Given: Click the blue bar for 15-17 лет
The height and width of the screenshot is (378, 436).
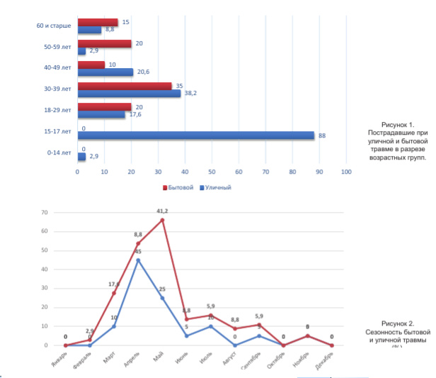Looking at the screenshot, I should (x=195, y=135).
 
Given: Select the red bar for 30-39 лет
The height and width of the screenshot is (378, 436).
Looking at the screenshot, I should (x=125, y=87).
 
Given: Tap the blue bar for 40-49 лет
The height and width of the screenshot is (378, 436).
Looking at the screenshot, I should (x=105, y=72).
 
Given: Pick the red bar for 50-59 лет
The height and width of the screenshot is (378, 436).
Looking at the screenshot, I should (x=105, y=44).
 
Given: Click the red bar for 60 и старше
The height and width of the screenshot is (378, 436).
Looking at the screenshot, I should (x=98, y=23).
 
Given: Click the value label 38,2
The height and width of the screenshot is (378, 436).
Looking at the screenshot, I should (x=188, y=93).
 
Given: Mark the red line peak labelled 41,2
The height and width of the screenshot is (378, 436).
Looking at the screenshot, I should (x=162, y=220).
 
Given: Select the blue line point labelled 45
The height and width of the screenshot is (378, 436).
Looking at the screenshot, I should (x=138, y=260).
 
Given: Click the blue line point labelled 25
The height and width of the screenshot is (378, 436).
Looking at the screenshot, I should (x=162, y=298).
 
